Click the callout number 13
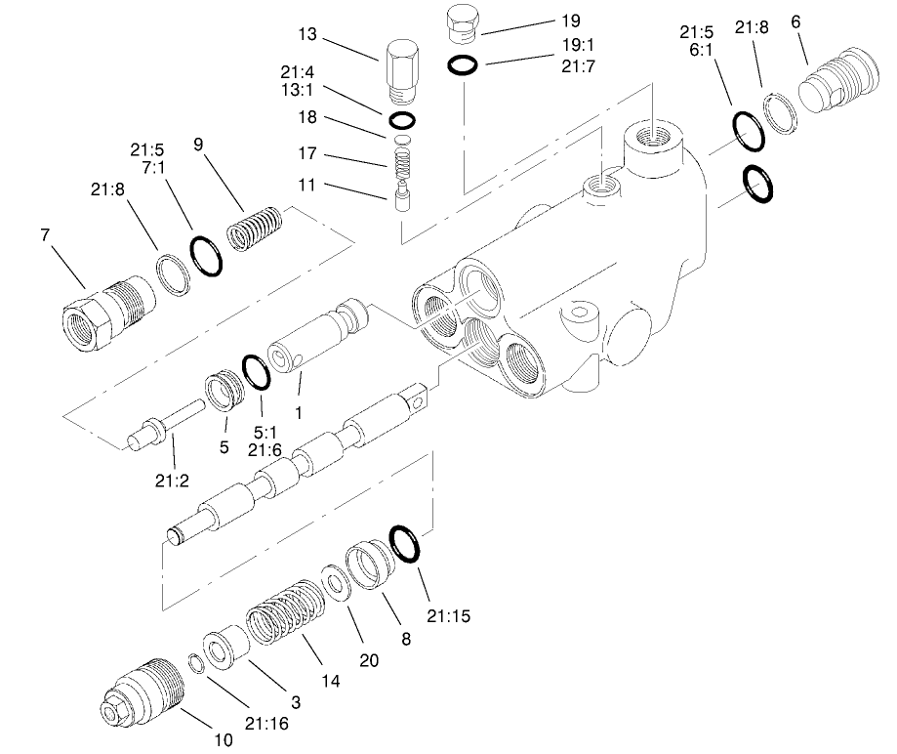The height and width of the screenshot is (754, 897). point(308,35)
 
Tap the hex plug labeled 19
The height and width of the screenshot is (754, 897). point(461,23)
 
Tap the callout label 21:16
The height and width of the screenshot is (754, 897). point(266,723)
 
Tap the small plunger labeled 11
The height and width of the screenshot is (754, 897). point(400,200)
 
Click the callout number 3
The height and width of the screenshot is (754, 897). point(296,701)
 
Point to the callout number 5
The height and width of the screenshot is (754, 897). point(224,448)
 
